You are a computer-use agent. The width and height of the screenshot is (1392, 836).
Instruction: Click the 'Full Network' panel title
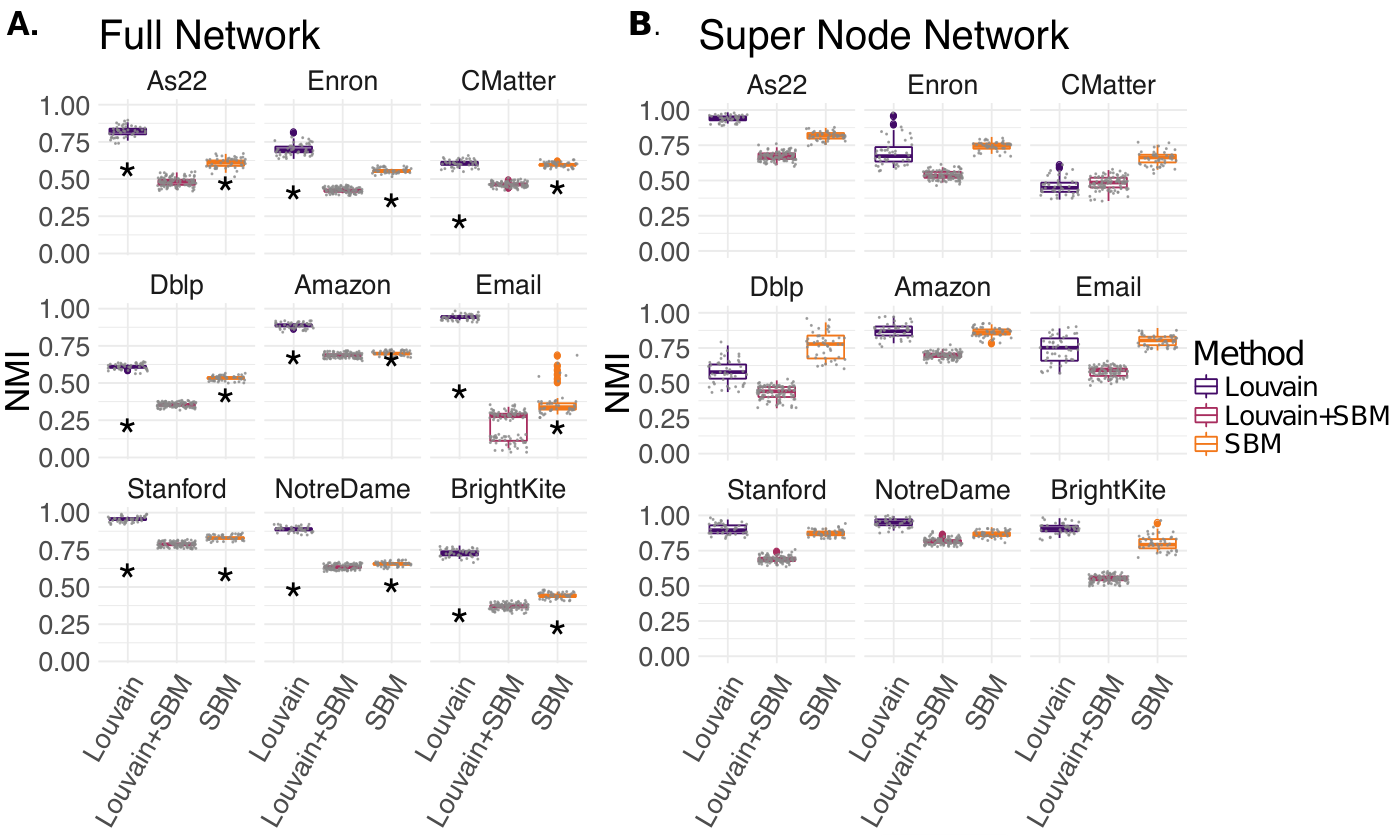pyautogui.click(x=209, y=35)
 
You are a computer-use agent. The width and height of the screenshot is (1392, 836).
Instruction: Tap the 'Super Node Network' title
pyautogui.click(x=883, y=35)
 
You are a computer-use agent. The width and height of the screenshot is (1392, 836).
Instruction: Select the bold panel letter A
pyautogui.click(x=22, y=25)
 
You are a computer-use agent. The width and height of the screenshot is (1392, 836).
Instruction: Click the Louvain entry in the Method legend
pyautogui.click(x=1255, y=387)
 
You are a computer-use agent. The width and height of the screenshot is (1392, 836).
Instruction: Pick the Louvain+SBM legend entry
pyautogui.click(x=1291, y=415)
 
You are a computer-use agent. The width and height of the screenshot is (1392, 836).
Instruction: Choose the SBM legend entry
pyautogui.click(x=1238, y=444)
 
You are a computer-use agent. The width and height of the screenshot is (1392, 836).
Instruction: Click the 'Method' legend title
pyautogui.click(x=1248, y=353)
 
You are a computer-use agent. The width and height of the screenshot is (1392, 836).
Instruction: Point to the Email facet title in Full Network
pyautogui.click(x=508, y=285)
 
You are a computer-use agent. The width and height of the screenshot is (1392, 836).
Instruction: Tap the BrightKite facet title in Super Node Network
pyautogui.click(x=1108, y=490)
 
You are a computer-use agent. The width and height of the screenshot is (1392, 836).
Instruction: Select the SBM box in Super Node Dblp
pyautogui.click(x=826, y=347)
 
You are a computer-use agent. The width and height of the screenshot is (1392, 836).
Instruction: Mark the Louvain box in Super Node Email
pyautogui.click(x=1060, y=349)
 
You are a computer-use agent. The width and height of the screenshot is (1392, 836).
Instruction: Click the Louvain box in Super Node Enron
pyautogui.click(x=894, y=154)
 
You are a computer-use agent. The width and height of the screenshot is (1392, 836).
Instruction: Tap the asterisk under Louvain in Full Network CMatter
pyautogui.click(x=459, y=223)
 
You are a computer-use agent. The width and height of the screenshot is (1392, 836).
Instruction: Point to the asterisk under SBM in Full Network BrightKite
pyautogui.click(x=557, y=629)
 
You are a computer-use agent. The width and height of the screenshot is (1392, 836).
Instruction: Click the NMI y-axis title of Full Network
pyautogui.click(x=17, y=382)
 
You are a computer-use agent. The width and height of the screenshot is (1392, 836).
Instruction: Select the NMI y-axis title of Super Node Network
pyautogui.click(x=618, y=383)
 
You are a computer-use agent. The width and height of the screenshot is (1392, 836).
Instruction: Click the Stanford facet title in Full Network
pyautogui.click(x=176, y=489)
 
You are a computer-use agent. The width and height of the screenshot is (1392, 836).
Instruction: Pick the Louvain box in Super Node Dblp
pyautogui.click(x=728, y=372)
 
